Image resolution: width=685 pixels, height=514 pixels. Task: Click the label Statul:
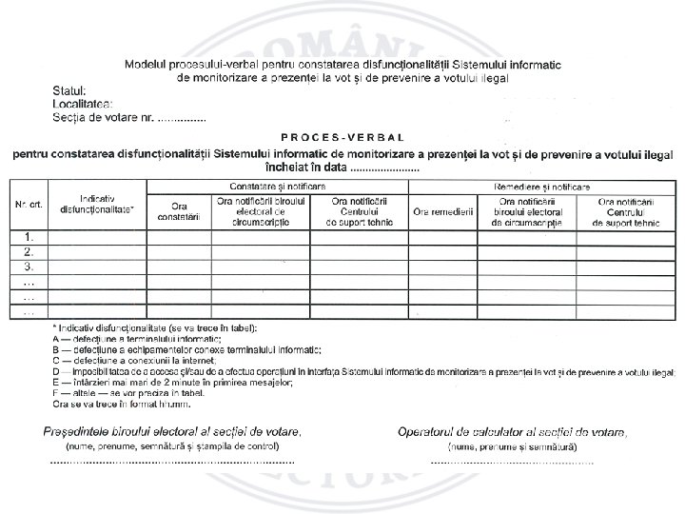pyautogui.click(x=68, y=90)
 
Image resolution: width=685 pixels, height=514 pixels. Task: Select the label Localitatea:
pyautogui.click(x=84, y=103)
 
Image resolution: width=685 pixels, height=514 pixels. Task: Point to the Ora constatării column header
pyautogui.click(x=180, y=211)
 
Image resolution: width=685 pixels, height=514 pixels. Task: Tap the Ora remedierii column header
pyautogui.click(x=442, y=211)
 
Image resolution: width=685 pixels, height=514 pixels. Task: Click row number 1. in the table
pyautogui.click(x=29, y=237)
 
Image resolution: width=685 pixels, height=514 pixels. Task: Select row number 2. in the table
pyautogui.click(x=29, y=252)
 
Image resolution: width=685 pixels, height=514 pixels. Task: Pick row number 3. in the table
pyautogui.click(x=29, y=267)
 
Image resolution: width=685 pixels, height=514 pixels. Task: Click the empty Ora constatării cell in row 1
pyautogui.click(x=180, y=237)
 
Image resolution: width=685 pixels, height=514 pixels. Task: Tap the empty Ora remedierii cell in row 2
pyautogui.click(x=442, y=252)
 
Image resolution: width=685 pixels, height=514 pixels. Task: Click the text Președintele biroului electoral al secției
pyautogui.click(x=172, y=431)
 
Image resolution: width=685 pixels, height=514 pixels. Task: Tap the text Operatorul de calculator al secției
pyautogui.click(x=513, y=432)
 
